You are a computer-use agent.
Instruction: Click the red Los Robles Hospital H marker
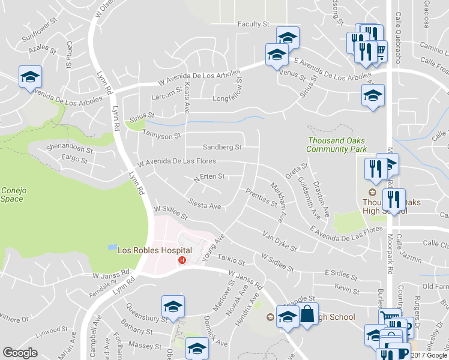coord(181,260)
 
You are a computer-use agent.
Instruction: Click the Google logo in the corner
coord(20,353)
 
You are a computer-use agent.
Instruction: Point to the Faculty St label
coord(253,24)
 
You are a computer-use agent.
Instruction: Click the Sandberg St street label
coord(222,147)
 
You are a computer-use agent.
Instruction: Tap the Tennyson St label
coord(161,136)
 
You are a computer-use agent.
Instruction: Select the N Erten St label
coord(209,177)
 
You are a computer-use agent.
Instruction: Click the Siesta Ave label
coord(204,205)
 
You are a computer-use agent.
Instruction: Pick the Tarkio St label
coord(232,262)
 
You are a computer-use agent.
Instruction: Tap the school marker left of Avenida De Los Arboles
coord(30,76)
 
